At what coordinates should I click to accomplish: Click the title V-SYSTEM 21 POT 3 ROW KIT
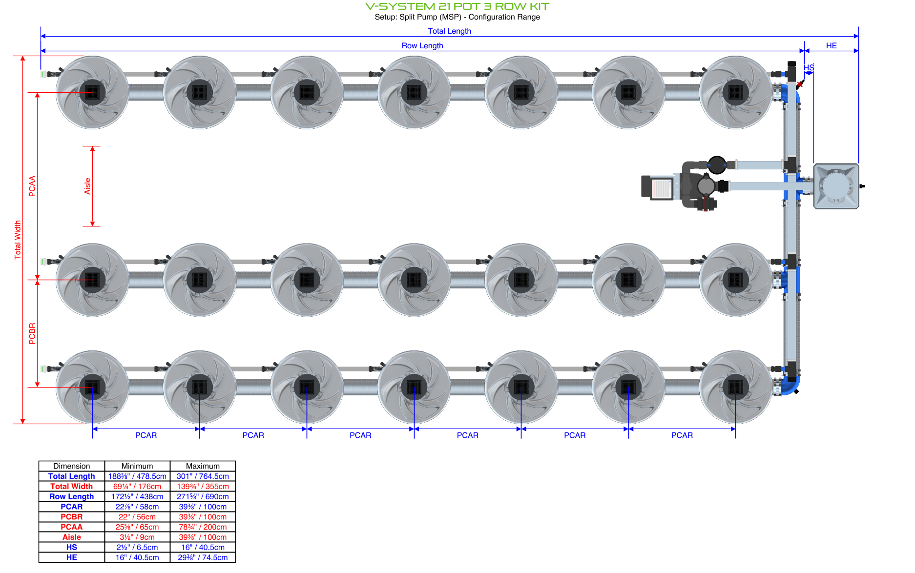point(457,6)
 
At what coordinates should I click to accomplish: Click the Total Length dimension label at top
point(449,31)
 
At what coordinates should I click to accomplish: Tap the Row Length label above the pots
point(422,45)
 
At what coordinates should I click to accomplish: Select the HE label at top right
point(831,45)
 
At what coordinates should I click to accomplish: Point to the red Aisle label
point(87,186)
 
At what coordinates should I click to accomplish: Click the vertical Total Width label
point(18,239)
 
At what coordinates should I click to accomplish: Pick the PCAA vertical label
point(32,186)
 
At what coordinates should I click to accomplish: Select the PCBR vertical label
point(32,333)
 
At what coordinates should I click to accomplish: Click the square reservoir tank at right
point(836,186)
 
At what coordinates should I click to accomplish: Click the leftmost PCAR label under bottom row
point(146,435)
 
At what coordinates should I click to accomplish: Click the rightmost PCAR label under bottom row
point(682,435)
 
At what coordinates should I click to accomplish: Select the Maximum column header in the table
point(203,466)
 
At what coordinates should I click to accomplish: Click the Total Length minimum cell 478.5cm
point(137,476)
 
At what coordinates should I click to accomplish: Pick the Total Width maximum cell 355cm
point(203,487)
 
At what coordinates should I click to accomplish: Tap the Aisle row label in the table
point(72,537)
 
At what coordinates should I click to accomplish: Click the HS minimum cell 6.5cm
point(137,547)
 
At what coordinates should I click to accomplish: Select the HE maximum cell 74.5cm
point(203,557)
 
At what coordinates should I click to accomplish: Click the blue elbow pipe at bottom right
point(791,386)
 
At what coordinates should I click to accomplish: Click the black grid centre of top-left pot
point(92,92)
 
